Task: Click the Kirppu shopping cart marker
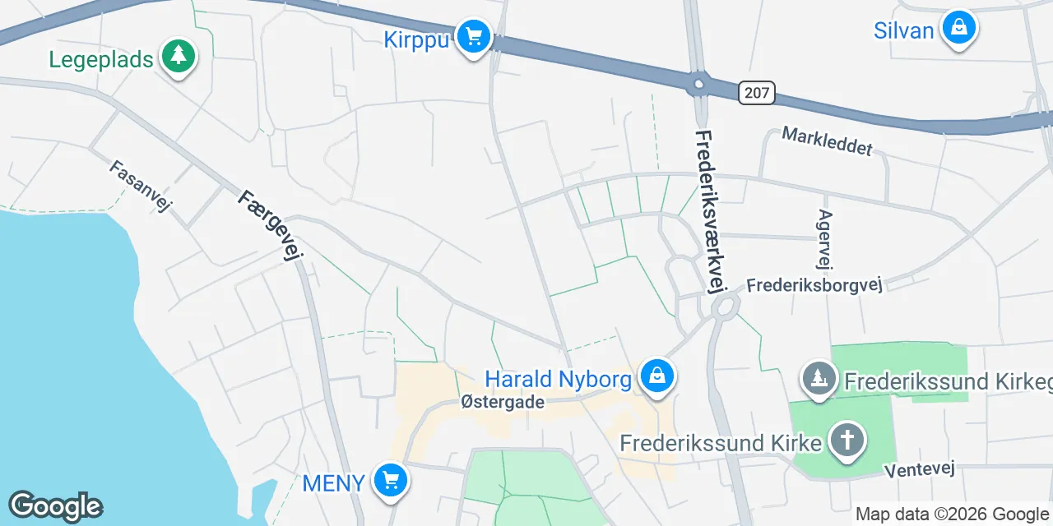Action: (x=473, y=37)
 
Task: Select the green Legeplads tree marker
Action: (x=178, y=58)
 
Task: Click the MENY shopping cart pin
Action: (x=389, y=481)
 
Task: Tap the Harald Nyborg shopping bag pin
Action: (x=656, y=377)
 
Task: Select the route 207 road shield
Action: (x=756, y=93)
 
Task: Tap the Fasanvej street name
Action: (x=140, y=186)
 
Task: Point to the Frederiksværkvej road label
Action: (x=712, y=210)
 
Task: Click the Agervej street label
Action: (x=824, y=239)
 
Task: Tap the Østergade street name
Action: (x=503, y=402)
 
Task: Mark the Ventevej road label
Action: (x=919, y=469)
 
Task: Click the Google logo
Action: (x=55, y=505)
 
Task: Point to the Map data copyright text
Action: (x=953, y=514)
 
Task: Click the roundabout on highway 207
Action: (x=698, y=83)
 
